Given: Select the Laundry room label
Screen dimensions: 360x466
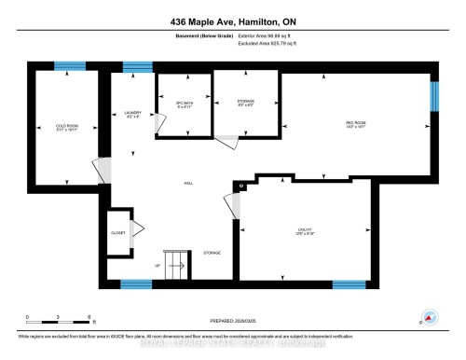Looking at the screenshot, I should [x=131, y=114].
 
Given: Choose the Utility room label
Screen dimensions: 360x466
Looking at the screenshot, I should [x=306, y=232].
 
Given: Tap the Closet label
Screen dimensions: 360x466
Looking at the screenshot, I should [x=118, y=232].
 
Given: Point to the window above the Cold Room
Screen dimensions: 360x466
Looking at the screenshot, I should [x=67, y=66].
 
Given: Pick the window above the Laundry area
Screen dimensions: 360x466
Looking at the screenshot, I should [x=137, y=66].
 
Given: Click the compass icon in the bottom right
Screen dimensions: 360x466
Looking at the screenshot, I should [x=430, y=316].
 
